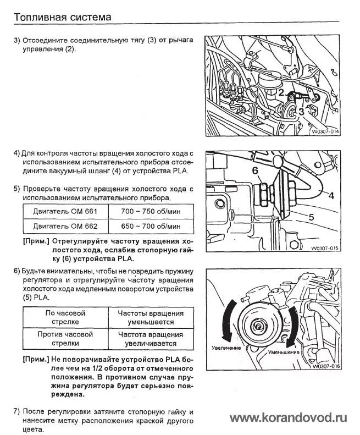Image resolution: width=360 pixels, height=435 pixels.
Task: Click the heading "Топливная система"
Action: click(x=62, y=16)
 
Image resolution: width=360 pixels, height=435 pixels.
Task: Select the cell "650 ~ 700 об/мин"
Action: click(x=152, y=226)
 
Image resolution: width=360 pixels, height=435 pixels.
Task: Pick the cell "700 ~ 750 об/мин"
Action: click(x=152, y=211)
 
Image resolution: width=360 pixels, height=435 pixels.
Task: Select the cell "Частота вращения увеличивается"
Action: click(x=151, y=338)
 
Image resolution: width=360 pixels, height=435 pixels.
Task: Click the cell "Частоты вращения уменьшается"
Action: click(x=151, y=317)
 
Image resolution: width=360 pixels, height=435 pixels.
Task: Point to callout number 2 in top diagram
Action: click(x=281, y=93)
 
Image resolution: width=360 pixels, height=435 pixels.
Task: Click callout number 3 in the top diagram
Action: click(x=301, y=112)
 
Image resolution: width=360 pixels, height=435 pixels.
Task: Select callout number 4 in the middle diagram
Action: click(x=331, y=194)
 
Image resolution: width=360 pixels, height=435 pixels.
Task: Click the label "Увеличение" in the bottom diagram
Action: click(x=226, y=348)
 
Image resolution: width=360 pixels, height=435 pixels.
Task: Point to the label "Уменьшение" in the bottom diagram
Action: click(x=284, y=352)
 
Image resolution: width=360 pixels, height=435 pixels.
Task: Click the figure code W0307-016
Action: click(x=325, y=366)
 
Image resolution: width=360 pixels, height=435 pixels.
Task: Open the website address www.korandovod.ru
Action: click(x=288, y=417)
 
